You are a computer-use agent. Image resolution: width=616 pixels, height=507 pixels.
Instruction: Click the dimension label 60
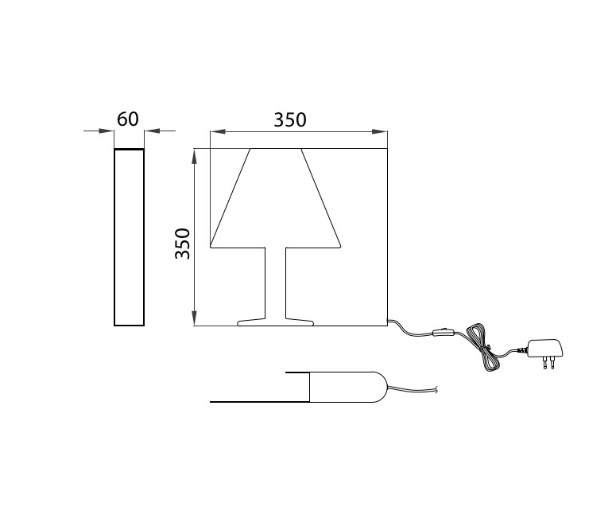point(128,119)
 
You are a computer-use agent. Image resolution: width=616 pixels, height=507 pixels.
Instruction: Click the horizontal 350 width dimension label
point(290,120)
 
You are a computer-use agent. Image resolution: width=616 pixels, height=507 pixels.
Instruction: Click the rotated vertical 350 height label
point(183,244)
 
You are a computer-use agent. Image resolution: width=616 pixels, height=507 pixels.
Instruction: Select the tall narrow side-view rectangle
point(130,237)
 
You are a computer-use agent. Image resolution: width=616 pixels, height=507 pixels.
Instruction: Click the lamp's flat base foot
point(276,322)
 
